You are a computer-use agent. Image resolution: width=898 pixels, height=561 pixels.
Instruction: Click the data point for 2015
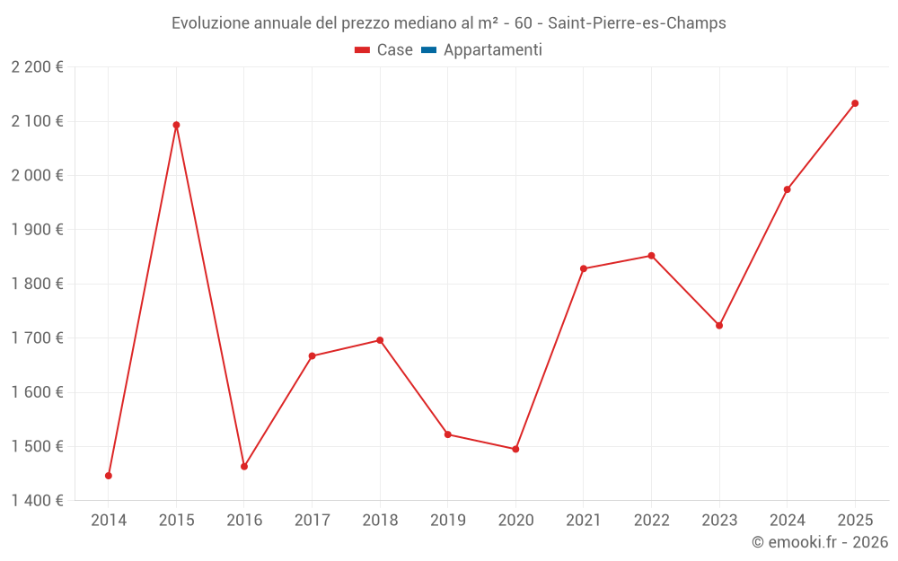176,125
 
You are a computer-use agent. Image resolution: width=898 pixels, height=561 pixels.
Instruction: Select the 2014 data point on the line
109,476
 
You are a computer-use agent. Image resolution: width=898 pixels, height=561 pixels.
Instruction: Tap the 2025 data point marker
855,103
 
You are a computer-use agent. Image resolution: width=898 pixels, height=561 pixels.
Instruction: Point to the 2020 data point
515,449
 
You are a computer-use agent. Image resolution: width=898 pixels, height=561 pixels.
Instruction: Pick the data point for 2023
719,325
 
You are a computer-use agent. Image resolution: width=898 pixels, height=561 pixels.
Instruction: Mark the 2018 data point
380,340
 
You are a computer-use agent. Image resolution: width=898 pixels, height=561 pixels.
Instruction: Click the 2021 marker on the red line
584,268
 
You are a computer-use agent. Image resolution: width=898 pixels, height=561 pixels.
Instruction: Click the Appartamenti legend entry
492,50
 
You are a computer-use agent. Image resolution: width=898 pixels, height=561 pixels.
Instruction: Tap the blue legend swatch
428,50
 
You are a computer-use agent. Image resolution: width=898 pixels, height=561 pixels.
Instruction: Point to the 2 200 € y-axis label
37,67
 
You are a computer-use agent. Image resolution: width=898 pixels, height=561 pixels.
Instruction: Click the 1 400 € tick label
37,501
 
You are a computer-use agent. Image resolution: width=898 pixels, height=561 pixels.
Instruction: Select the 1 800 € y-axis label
37,284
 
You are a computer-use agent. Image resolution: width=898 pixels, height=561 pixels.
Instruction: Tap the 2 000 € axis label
37,175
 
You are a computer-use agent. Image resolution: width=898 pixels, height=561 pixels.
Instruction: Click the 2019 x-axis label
448,520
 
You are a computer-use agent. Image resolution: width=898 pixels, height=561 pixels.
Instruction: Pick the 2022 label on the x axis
651,520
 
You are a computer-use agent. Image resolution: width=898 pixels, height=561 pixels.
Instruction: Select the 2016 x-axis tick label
244,520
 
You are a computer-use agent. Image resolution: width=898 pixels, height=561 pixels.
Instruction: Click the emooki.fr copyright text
820,542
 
